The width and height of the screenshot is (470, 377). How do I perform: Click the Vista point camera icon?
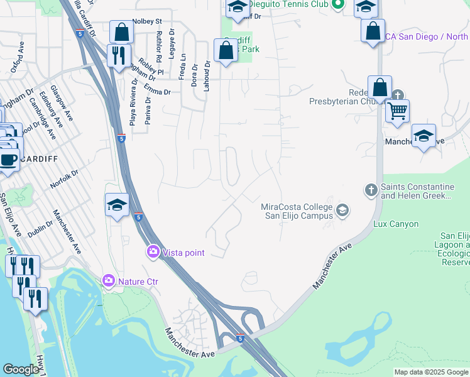pyautogui.click(x=153, y=252)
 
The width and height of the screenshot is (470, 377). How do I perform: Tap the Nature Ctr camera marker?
pyautogui.click(x=109, y=280)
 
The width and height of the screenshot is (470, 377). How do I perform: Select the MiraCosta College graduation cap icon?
pyautogui.click(x=342, y=210)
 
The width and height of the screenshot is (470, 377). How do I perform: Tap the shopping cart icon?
pyautogui.click(x=397, y=112)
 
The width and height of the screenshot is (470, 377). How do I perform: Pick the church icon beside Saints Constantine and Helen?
pyautogui.click(x=371, y=189)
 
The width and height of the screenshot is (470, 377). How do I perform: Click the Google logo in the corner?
pyautogui.click(x=21, y=369)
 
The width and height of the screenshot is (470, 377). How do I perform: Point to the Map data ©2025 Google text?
pyautogui.click(x=430, y=372)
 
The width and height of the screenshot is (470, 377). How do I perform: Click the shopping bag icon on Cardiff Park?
pyautogui.click(x=226, y=50)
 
